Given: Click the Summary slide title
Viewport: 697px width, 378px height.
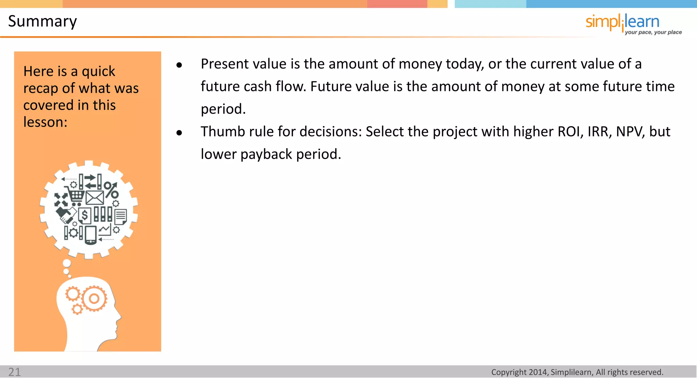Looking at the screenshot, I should click(43, 21).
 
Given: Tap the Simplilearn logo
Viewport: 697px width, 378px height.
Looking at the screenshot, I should click(622, 22).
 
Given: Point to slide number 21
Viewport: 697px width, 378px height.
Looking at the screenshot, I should click(15, 372).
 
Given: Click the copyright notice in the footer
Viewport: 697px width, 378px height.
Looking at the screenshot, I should click(577, 372).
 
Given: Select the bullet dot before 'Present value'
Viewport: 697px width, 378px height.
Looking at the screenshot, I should click(179, 65).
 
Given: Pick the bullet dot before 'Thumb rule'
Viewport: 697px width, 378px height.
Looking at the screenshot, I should click(179, 133).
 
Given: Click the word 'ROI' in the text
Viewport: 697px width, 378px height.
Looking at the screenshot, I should click(569, 132).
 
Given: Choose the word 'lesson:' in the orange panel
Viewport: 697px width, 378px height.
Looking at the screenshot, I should click(45, 122).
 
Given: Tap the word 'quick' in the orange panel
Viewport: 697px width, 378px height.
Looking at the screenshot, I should click(98, 72).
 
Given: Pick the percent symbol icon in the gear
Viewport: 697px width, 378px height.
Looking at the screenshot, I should click(111, 190).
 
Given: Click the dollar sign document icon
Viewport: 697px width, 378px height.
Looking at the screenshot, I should click(85, 215).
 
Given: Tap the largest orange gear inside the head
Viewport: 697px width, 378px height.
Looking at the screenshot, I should click(94, 299).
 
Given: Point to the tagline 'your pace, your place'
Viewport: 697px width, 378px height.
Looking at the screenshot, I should click(653, 32).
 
